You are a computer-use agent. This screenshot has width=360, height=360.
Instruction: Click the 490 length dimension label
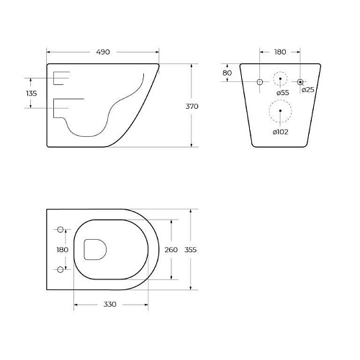(x=102, y=52)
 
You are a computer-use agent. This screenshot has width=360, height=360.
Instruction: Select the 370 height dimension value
(x=192, y=106)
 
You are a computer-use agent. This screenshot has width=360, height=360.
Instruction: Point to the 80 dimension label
(x=227, y=73)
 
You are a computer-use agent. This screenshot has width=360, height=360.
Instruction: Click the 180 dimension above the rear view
(x=280, y=52)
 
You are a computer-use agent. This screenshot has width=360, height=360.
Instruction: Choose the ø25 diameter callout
(x=307, y=89)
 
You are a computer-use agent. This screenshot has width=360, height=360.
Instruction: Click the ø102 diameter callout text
(x=281, y=131)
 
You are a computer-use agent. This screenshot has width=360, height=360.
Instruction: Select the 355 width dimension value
(x=192, y=250)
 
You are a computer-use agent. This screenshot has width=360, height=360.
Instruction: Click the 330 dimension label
(x=109, y=305)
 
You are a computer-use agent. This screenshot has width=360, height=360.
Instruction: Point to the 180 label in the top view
(x=63, y=250)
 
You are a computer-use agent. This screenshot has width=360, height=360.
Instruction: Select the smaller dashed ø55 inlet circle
(x=280, y=79)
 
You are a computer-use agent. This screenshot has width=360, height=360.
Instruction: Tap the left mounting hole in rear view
(x=260, y=82)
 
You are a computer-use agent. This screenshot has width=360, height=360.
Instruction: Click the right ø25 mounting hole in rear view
(x=301, y=82)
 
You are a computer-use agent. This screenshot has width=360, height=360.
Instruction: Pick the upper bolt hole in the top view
(x=60, y=230)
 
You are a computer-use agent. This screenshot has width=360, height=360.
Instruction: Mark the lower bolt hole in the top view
(x=60, y=270)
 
